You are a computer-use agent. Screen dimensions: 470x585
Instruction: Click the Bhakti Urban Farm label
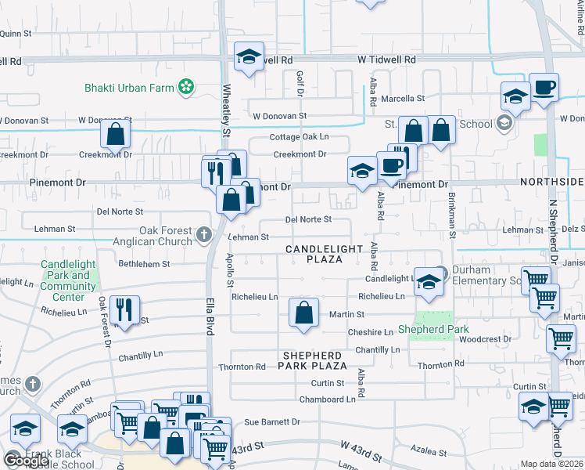(129, 88)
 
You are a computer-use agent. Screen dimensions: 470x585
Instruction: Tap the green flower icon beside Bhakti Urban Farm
(186, 87)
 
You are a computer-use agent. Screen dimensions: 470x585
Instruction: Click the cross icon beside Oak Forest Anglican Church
(204, 233)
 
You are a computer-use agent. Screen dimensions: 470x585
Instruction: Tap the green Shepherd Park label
(428, 329)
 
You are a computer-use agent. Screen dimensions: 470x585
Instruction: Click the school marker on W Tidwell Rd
(249, 58)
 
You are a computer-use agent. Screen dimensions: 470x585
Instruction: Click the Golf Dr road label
(300, 84)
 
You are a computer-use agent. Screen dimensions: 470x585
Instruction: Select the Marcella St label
(403, 99)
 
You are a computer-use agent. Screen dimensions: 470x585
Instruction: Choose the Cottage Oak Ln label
(300, 137)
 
